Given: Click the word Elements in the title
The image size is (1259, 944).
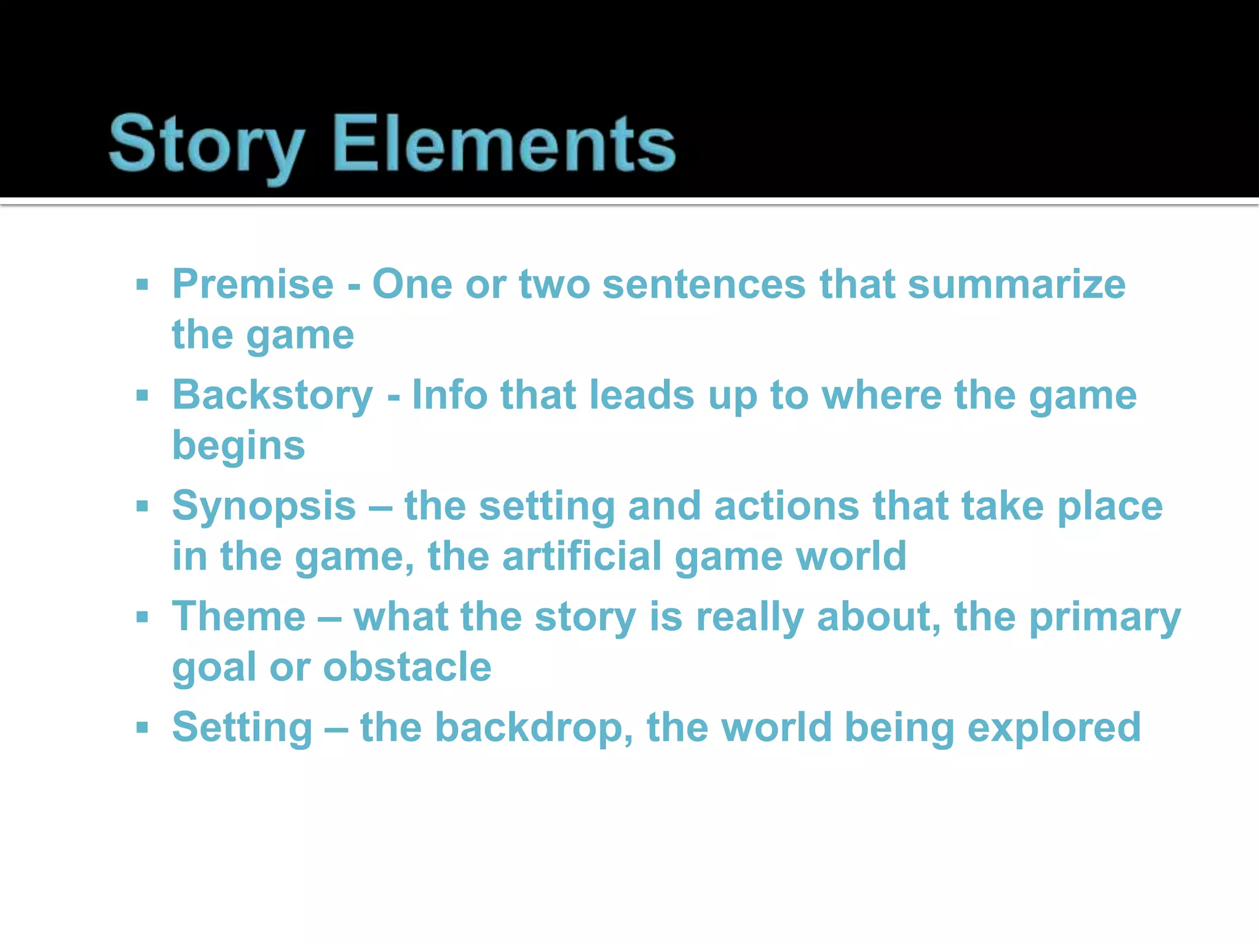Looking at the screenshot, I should (x=504, y=145).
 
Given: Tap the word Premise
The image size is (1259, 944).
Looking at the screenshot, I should (x=253, y=285).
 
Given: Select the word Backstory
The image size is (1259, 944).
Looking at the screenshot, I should (x=272, y=395).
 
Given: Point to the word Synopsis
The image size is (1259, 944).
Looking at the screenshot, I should (x=264, y=506).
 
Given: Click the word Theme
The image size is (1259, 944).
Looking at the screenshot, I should (x=239, y=616).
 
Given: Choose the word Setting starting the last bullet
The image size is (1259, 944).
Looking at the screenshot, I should (x=242, y=728).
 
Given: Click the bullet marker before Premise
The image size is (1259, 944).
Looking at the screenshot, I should (x=143, y=285).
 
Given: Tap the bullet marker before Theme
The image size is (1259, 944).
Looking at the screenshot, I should (x=143, y=617).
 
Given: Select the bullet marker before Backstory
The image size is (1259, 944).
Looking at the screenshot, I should (x=143, y=396).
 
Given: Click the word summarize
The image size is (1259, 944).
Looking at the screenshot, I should (x=1016, y=285).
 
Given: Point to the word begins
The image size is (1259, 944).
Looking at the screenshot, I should (x=239, y=446).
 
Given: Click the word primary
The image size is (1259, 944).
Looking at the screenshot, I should (x=1105, y=616).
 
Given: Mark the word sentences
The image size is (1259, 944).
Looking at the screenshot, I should (x=703, y=285).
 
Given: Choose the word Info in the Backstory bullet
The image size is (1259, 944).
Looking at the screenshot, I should (x=449, y=395).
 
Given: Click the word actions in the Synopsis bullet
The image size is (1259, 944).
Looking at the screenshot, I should (x=786, y=506).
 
